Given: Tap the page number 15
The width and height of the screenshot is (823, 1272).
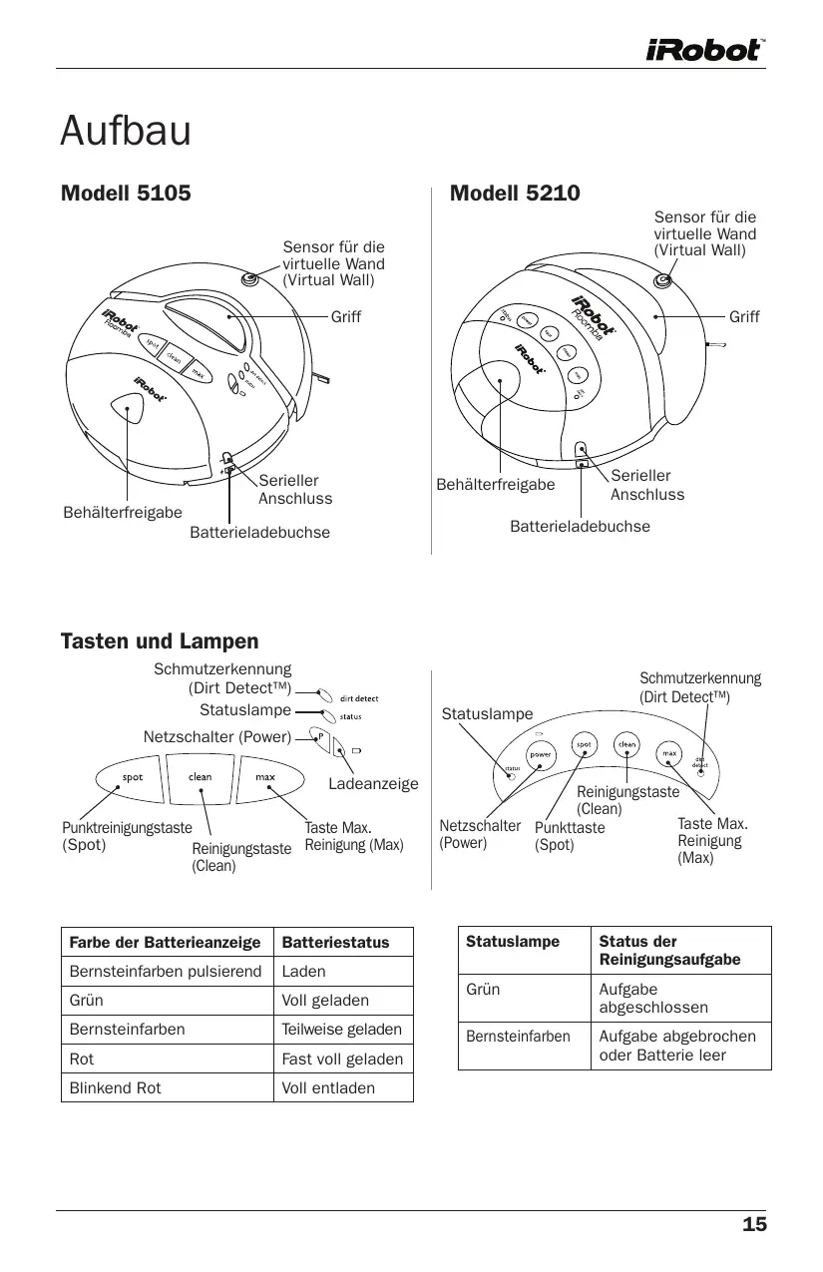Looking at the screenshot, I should [x=754, y=1225].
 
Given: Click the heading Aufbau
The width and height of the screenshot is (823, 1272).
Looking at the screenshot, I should [x=125, y=131].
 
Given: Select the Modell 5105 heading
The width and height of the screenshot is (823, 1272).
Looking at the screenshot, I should [x=126, y=193].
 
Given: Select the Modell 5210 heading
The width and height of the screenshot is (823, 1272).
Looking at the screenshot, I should [x=515, y=193].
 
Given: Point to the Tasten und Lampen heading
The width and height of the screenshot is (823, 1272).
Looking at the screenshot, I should [x=160, y=641].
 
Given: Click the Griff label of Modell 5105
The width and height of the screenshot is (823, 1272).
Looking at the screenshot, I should [x=346, y=317].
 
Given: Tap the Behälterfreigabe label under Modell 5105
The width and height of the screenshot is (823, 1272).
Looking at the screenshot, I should [x=123, y=513].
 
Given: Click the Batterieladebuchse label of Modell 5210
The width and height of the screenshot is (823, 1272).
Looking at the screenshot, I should [x=580, y=525].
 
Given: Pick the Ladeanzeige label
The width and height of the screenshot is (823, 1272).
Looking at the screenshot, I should [x=373, y=785].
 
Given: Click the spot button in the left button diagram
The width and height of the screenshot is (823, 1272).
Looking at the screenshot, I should [x=133, y=778].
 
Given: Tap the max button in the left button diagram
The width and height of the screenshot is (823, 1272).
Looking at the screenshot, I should [x=265, y=778].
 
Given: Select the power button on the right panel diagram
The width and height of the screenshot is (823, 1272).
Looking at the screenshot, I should [x=541, y=755].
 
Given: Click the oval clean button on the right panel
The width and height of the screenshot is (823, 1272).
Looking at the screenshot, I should [x=626, y=745].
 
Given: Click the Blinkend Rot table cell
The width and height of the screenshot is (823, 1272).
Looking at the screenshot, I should [x=115, y=1087].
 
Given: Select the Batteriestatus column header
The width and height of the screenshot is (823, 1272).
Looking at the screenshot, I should [x=335, y=942].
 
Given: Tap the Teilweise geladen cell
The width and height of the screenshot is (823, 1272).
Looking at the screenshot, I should [x=342, y=1029].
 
